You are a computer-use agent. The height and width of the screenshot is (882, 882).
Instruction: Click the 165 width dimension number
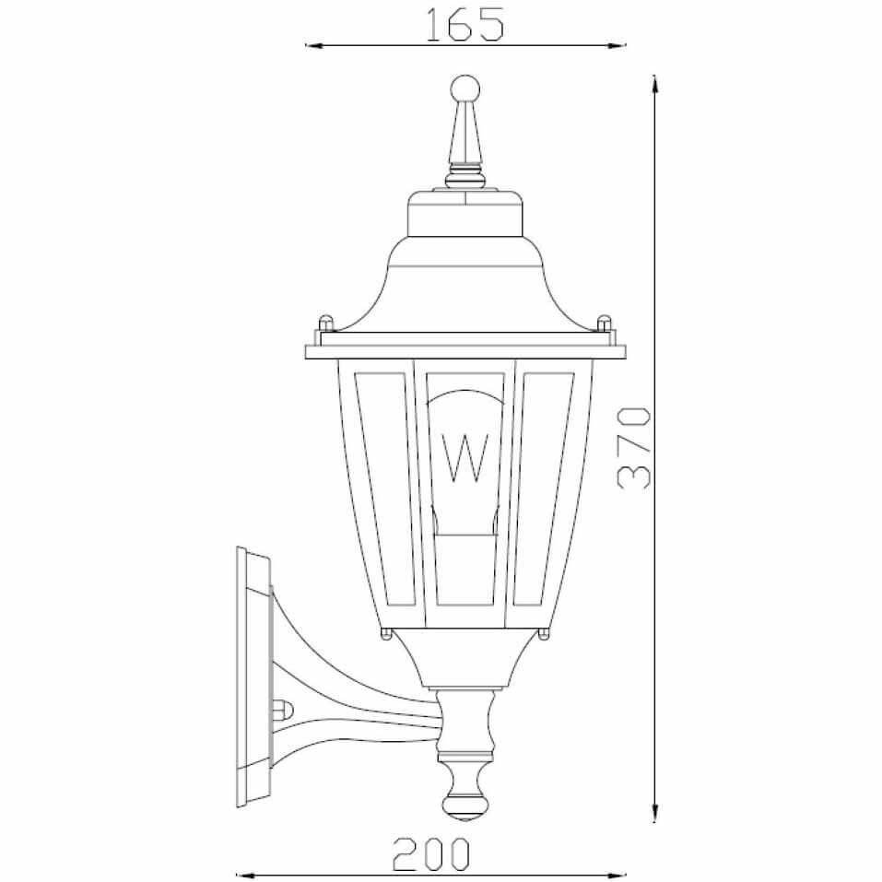coord(464,25)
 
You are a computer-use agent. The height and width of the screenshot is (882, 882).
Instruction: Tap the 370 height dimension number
coord(634,448)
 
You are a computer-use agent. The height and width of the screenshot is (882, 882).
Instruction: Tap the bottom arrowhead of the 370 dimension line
coord(654,814)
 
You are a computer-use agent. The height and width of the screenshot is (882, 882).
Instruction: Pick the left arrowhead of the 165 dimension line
coord(313,45)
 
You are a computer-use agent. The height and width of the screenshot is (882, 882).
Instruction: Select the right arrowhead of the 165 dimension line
coord(617,45)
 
